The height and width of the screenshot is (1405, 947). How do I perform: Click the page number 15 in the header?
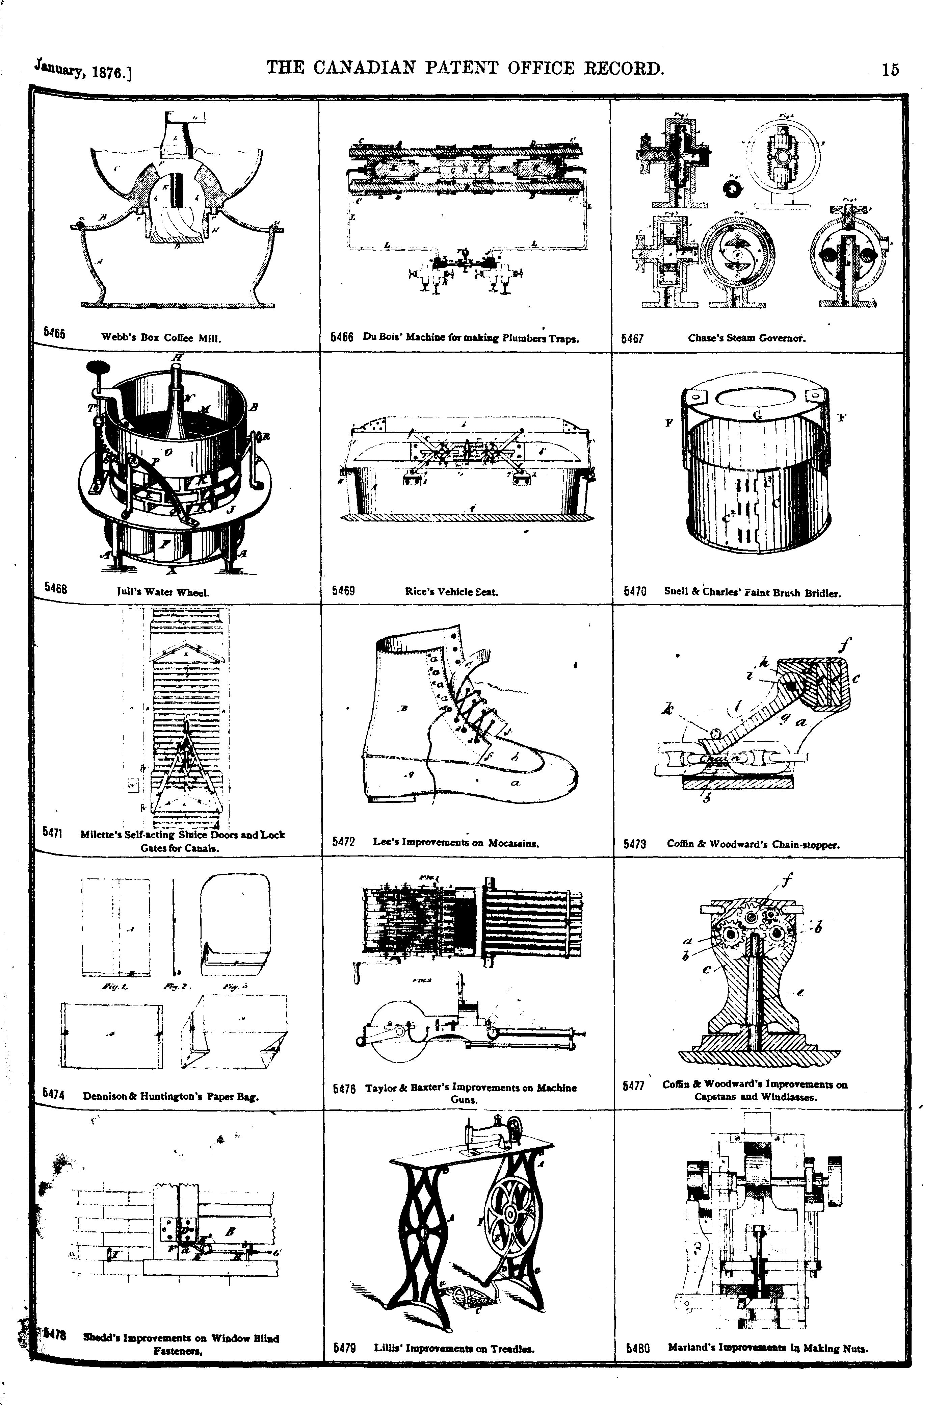(x=890, y=70)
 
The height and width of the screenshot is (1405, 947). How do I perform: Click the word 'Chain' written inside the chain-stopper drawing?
(x=717, y=759)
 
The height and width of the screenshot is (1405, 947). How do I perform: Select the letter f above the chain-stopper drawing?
(x=841, y=647)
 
